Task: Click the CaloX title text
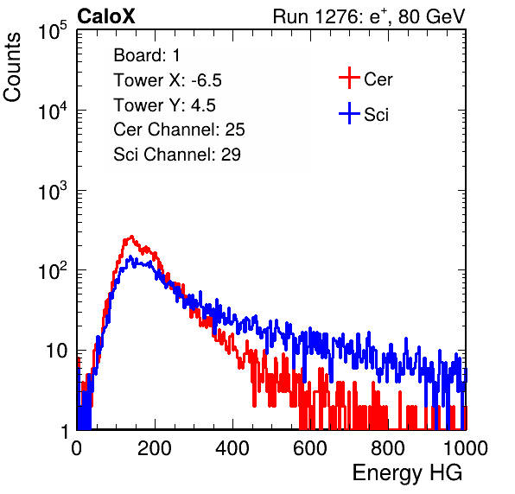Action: (106, 16)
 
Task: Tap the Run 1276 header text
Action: (369, 16)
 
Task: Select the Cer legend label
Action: (378, 79)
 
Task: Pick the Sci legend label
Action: (376, 115)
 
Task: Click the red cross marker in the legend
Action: (349, 78)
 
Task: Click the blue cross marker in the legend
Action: (349, 114)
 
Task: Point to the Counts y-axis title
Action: (12, 67)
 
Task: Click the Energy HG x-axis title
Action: (407, 473)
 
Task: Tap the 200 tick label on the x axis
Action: (155, 448)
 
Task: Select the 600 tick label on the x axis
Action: (310, 448)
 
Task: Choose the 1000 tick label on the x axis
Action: (466, 448)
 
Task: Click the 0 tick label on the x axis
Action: (77, 448)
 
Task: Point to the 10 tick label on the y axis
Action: (57, 351)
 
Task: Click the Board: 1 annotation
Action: (147, 55)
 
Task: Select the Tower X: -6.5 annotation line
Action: (168, 80)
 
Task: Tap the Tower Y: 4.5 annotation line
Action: (164, 105)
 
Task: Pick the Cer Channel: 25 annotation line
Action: (179, 130)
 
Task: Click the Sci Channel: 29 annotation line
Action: (177, 155)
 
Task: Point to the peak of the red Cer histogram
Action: (131, 236)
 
